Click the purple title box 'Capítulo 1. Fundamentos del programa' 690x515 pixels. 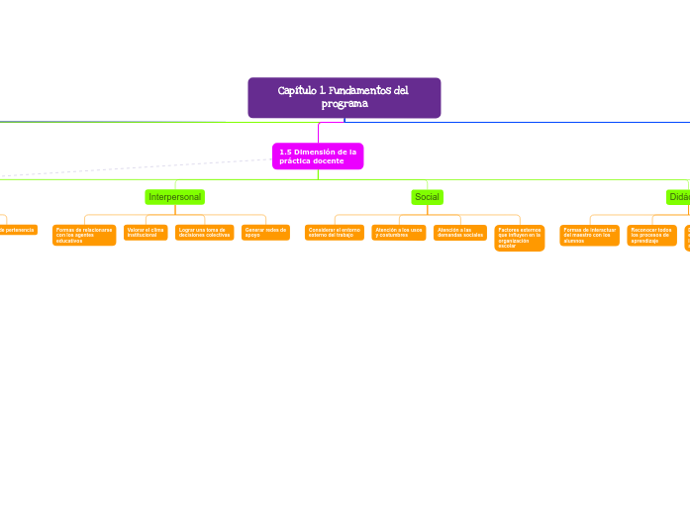coord(344,97)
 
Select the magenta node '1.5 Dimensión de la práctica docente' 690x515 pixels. coord(318,156)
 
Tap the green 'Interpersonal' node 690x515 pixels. coord(174,197)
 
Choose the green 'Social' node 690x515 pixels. coord(427,197)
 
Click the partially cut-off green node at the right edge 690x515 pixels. coord(678,197)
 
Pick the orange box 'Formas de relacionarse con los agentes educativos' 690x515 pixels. coord(84,235)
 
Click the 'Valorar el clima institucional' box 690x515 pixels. coord(146,233)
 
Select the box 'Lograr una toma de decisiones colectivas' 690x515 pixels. coord(204,233)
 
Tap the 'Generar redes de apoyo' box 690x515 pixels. coord(265,233)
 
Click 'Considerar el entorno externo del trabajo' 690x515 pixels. coord(335,233)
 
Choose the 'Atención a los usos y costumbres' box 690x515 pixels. coord(399,233)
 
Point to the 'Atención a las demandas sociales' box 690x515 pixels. coord(460,233)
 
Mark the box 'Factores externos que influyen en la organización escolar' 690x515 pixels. coord(520,238)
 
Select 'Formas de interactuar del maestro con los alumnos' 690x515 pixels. coord(590,235)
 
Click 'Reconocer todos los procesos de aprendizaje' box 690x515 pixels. coord(651,235)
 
